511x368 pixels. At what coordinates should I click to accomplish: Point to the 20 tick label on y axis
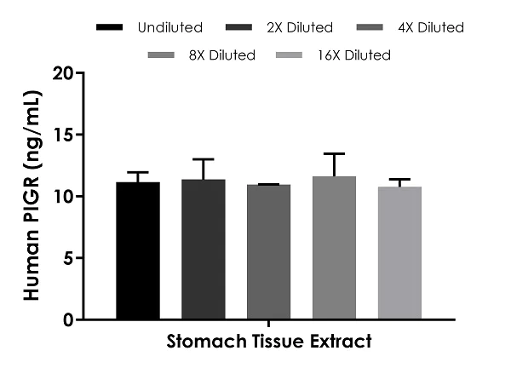pos(61,73)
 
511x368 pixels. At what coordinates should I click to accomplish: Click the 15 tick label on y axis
pos(61,135)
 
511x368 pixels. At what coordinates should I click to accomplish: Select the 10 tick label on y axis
pos(61,197)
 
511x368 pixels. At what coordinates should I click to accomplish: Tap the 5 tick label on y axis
pos(66,258)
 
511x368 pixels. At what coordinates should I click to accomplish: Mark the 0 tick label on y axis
pos(66,319)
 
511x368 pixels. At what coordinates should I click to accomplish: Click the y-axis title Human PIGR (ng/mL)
pos(33,197)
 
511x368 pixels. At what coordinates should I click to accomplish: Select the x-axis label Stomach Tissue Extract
pos(268,342)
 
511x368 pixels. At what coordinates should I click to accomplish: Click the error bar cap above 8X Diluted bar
pos(335,153)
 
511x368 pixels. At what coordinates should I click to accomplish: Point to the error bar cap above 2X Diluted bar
pos(203,159)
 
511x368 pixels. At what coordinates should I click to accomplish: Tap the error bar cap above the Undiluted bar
pos(137,172)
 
